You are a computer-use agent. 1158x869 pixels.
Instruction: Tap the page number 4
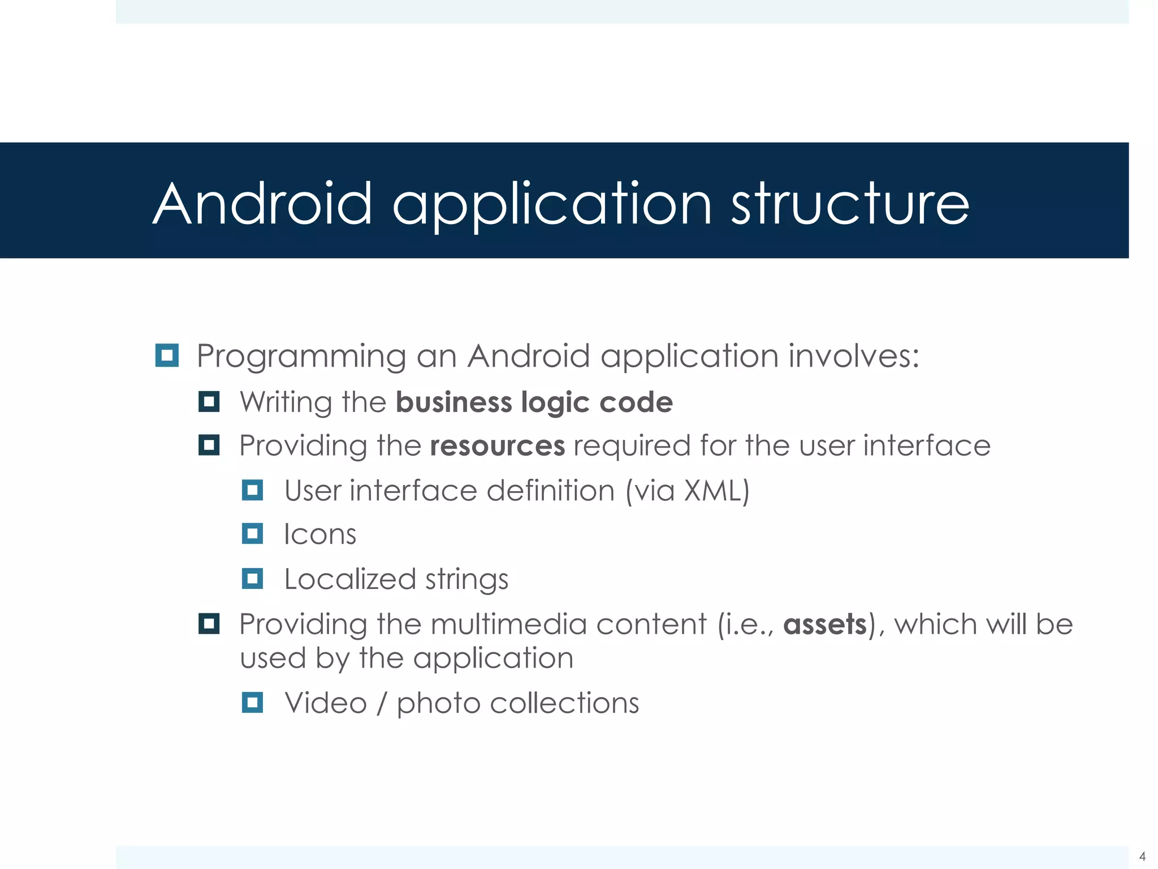click(x=1142, y=856)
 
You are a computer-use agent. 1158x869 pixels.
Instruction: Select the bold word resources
click(x=497, y=446)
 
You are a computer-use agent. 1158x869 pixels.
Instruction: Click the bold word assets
click(x=825, y=625)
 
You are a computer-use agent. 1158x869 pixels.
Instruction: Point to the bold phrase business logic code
click(x=534, y=402)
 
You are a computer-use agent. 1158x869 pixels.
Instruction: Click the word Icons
click(x=320, y=535)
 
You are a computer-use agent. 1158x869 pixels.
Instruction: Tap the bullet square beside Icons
click(x=252, y=534)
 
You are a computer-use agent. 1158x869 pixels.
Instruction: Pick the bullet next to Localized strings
click(x=252, y=579)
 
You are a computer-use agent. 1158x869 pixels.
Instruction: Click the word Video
click(x=326, y=703)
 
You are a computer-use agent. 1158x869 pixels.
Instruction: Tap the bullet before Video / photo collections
click(x=252, y=703)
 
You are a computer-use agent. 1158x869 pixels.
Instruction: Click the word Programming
click(x=301, y=356)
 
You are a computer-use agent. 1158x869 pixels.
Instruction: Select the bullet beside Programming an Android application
click(x=167, y=355)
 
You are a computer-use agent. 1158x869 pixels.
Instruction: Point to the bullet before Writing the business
click(x=209, y=402)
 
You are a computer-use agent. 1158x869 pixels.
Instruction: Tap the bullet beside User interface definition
click(x=252, y=490)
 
